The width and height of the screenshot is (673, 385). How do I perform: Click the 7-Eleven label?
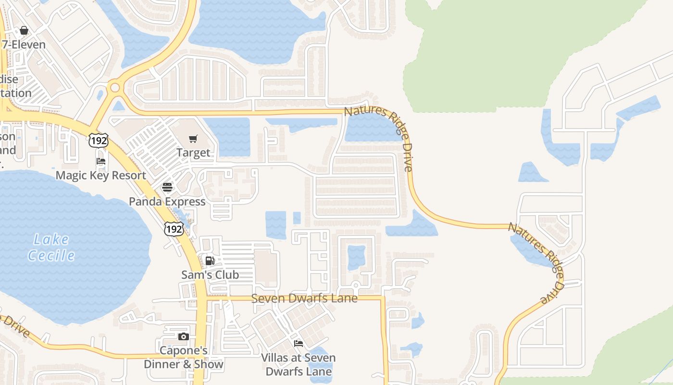click(24, 45)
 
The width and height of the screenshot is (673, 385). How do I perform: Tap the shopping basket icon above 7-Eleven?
click(24, 31)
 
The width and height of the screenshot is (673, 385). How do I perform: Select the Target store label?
click(193, 153)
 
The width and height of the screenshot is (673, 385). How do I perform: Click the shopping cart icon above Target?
click(193, 139)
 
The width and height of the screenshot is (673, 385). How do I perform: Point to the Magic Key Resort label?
click(101, 175)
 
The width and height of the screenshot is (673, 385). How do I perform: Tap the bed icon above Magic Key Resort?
click(101, 161)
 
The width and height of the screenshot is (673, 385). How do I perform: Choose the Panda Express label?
click(167, 202)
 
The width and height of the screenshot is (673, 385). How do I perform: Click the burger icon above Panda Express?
click(167, 187)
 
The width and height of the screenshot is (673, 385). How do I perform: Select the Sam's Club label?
click(210, 275)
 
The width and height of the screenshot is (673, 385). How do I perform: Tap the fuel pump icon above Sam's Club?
click(210, 261)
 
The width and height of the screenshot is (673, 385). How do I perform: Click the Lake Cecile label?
click(51, 247)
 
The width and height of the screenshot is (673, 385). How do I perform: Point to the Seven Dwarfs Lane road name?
click(305, 298)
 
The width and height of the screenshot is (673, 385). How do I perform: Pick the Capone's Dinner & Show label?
click(184, 357)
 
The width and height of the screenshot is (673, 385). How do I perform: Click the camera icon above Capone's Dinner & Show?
click(183, 337)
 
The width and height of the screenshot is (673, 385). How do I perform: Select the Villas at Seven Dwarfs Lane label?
click(299, 365)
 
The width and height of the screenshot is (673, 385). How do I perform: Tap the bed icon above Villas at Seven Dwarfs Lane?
click(299, 344)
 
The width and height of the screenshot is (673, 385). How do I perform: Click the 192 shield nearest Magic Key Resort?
click(98, 141)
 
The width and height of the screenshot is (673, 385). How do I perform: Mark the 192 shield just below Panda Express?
click(174, 229)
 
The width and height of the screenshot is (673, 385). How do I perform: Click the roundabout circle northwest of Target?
click(114, 88)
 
